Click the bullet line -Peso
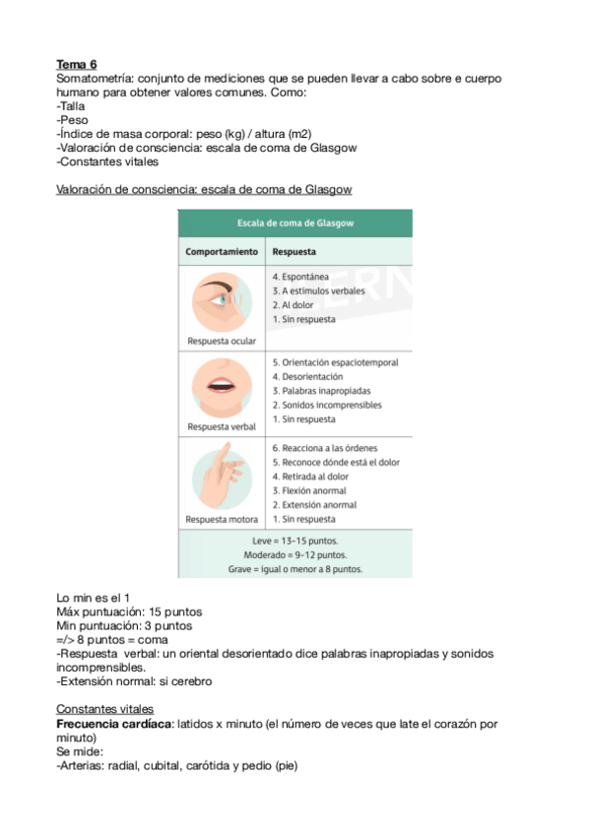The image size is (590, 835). [73, 119]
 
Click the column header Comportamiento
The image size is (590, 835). [222, 251]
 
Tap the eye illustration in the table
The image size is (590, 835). [222, 300]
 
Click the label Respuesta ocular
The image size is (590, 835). [222, 341]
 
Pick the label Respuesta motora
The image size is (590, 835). [222, 519]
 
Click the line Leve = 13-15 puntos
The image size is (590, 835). [295, 542]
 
